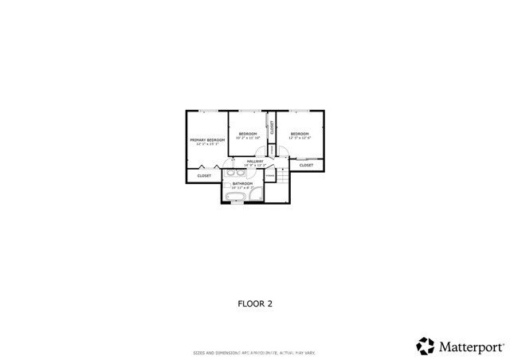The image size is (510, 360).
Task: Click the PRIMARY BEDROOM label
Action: [x=207, y=140]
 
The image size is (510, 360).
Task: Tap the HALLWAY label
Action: [x=255, y=162]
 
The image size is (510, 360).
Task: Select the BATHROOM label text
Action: [x=242, y=184]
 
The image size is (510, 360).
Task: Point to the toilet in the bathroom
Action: [x=226, y=186]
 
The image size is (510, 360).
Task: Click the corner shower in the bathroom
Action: [x=254, y=194]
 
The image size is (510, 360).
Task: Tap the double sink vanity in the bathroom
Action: [x=237, y=172]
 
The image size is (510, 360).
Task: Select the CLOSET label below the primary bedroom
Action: [x=204, y=175]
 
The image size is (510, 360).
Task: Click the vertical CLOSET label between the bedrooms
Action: [x=272, y=127]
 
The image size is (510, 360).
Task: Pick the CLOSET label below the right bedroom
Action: [x=306, y=166]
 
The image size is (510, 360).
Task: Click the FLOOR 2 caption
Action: [x=255, y=303]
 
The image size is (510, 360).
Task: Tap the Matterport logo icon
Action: [x=425, y=346]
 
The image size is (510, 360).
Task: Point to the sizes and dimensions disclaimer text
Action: [x=254, y=352]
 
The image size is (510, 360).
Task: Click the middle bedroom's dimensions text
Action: [x=248, y=138]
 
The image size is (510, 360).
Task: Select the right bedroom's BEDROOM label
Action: [x=299, y=133]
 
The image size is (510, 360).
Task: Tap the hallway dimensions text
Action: [x=255, y=166]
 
